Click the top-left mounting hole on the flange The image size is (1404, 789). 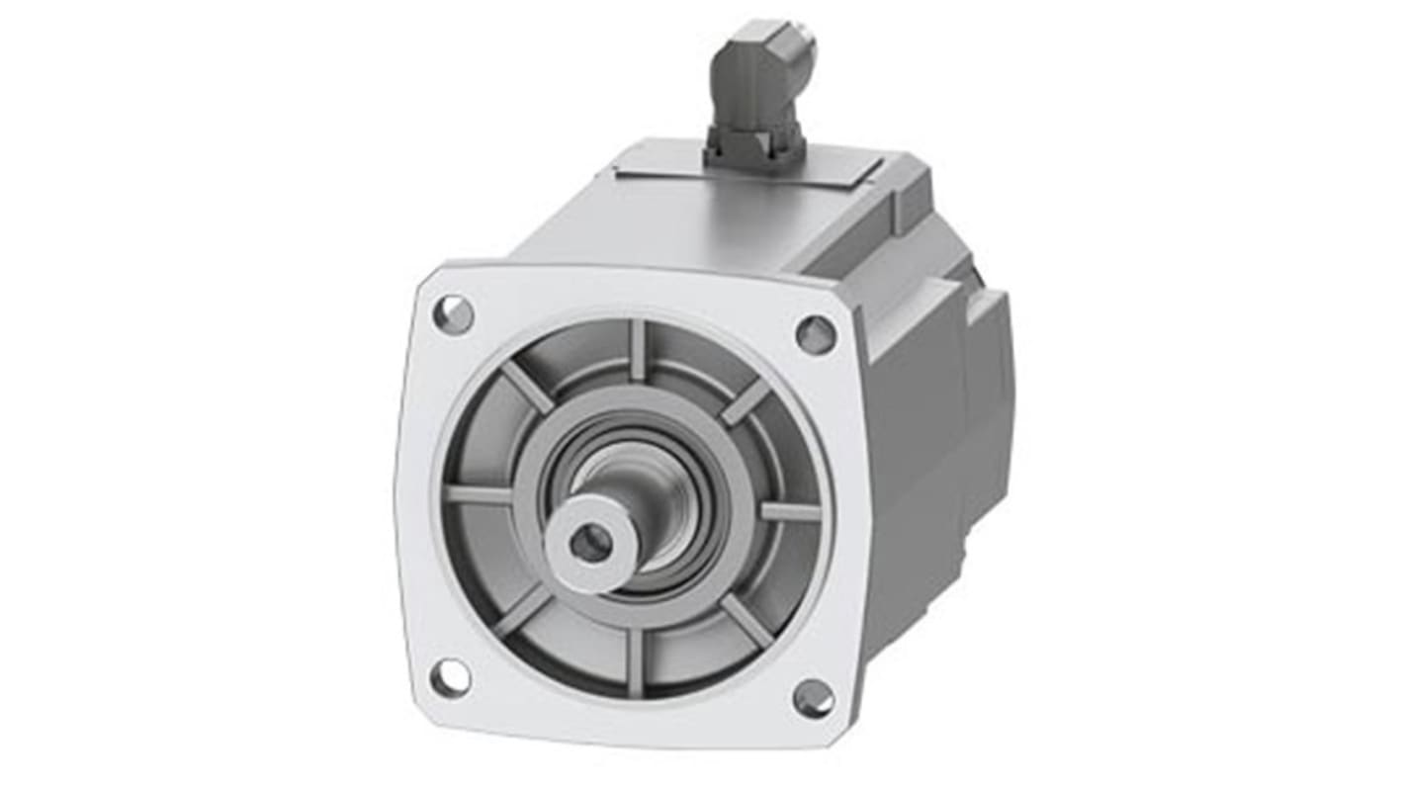click(454, 314)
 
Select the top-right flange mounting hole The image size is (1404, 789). click(816, 334)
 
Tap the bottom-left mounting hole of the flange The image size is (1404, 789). click(451, 677)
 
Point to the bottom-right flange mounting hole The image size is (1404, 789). click(814, 698)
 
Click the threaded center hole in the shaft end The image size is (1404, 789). click(590, 542)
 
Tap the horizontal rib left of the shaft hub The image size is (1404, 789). click(480, 493)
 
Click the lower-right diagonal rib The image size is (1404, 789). click(746, 621)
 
